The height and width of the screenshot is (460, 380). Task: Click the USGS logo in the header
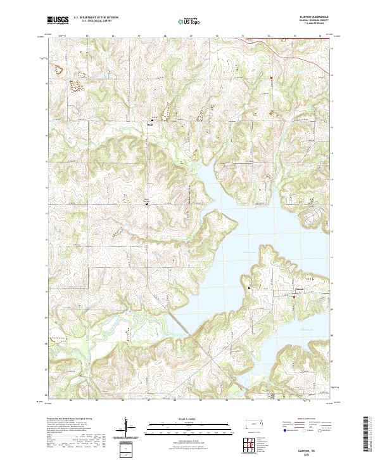(x=58, y=21)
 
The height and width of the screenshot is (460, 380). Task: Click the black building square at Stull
(x=152, y=120)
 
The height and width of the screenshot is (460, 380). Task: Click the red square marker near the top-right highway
(x=272, y=79)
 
